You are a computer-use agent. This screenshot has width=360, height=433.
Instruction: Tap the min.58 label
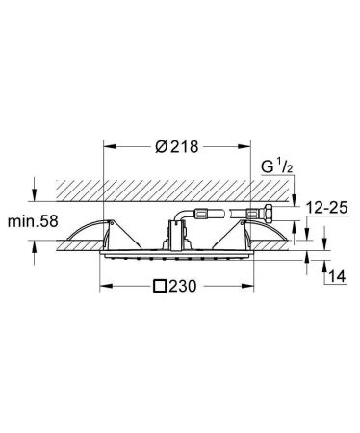31,222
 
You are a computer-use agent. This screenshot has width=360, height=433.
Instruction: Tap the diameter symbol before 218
160,148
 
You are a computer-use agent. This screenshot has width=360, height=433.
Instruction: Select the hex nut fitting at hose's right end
272,207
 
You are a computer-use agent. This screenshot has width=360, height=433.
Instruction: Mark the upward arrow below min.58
36,250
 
